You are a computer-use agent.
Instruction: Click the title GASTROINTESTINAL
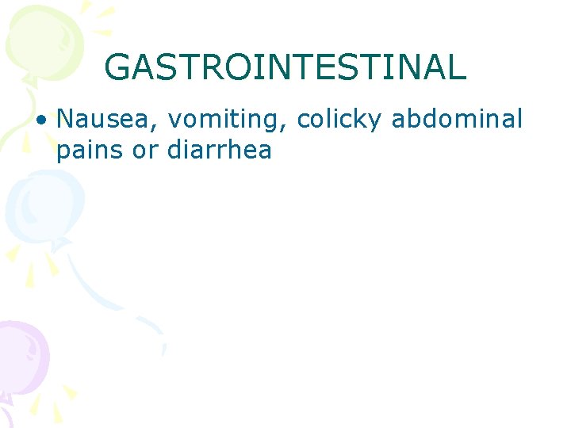(285, 67)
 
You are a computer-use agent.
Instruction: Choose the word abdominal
(458, 119)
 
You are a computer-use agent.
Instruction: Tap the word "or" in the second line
(146, 151)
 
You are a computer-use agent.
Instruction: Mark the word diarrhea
(220, 150)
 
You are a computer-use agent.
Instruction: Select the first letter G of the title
(117, 67)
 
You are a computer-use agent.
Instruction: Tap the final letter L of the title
(458, 67)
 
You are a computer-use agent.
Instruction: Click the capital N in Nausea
(66, 119)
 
